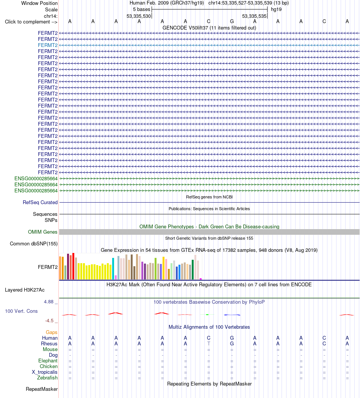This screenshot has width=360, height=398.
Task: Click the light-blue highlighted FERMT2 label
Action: coord(48,45)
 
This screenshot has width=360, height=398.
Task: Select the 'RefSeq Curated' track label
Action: coord(40,202)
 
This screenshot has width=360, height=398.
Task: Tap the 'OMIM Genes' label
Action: coord(43,232)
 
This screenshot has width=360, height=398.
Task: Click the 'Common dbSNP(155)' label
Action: coord(34,243)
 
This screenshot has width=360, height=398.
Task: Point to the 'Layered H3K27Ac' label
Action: coord(25,290)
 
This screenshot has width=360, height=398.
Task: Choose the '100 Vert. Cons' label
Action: coord(21,311)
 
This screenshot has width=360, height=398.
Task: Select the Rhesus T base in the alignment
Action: coord(208,343)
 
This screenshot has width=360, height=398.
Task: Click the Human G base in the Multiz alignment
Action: coord(232,338)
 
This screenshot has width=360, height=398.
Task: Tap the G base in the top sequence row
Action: coord(232,21)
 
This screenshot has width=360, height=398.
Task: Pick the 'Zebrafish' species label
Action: coord(47,378)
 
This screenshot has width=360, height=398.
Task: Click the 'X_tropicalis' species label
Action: coord(45,372)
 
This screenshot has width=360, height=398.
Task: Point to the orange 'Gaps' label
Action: coord(52,332)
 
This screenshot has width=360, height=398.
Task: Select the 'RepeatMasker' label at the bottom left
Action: coord(42,389)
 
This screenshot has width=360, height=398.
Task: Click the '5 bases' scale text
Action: coord(141,9)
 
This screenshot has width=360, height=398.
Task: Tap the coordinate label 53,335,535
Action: coord(254,16)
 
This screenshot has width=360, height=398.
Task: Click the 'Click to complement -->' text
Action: coord(31,22)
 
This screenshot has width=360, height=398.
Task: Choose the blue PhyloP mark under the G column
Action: coord(232,315)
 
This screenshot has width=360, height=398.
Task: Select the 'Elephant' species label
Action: coord(48,361)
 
